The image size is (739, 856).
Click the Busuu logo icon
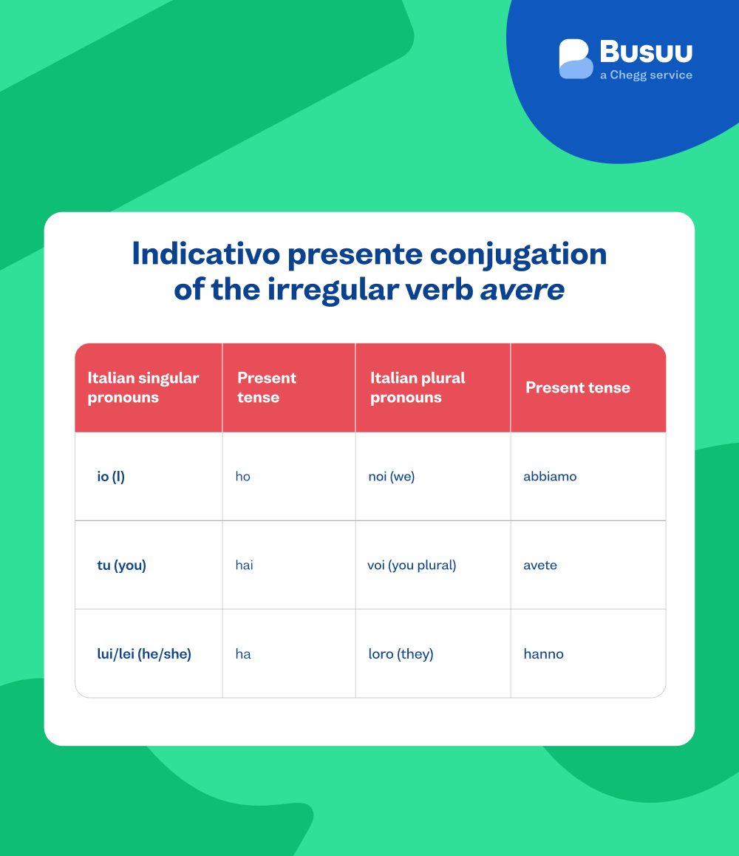click(x=576, y=59)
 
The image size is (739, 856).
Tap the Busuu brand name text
click(x=646, y=52)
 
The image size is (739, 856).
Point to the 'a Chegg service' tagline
click(x=646, y=75)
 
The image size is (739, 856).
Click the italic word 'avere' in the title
click(x=522, y=289)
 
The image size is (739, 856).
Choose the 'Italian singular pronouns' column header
click(x=143, y=387)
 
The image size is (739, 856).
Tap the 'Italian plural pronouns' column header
click(x=418, y=387)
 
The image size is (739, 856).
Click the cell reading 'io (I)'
click(x=111, y=477)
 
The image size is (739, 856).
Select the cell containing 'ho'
click(x=243, y=477)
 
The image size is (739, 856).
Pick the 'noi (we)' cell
click(x=392, y=477)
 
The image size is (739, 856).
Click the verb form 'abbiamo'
click(x=550, y=477)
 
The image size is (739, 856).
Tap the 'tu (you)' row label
click(x=122, y=565)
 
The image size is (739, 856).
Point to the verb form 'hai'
click(x=244, y=565)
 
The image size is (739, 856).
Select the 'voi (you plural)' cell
click(x=412, y=565)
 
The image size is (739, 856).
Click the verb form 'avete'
click(x=540, y=565)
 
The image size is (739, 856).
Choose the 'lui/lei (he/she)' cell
click(x=144, y=654)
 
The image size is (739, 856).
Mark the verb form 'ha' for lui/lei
click(x=243, y=654)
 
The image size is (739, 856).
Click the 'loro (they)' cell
click(x=401, y=654)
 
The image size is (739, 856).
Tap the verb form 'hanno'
click(x=543, y=654)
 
